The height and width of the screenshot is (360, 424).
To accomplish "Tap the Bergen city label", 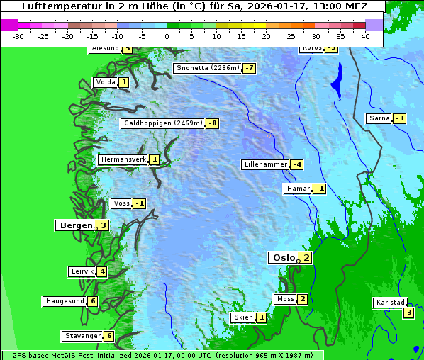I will pos(75,225).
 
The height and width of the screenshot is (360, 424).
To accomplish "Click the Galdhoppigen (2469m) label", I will pos(163,123).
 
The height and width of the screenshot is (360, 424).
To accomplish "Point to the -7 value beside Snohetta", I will pos(249,68).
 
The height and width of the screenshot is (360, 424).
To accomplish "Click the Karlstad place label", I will pos(391,303).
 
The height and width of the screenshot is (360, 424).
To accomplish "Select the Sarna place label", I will pos(379,118).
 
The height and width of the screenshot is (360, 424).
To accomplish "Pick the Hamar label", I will pos(298,189).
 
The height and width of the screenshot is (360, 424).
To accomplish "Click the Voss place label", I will pos(121,203).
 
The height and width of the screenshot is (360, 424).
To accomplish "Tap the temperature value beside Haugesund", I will pos(92,301).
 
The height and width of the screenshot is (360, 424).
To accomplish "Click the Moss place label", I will pos(285,299).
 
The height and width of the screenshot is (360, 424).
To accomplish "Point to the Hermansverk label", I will pos(123,159).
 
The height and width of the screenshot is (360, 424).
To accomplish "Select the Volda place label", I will pos(105,82).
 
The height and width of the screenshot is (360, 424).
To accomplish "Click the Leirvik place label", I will pos(82,271).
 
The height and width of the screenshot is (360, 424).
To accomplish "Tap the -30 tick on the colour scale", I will pos(18,35).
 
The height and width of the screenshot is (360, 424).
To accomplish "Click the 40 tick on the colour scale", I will pos(364,35).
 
